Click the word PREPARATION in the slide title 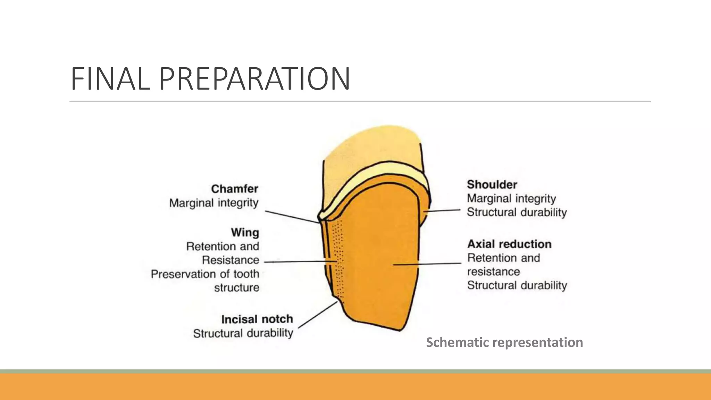[x=254, y=79]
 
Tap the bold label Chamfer [x=235, y=189]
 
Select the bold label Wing [x=245, y=232]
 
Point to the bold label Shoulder [x=492, y=184]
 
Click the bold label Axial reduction [x=509, y=244]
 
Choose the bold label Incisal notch [x=257, y=319]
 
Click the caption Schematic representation [x=504, y=342]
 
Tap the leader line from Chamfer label [x=292, y=217]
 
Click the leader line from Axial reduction [x=427, y=264]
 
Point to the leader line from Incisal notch [x=318, y=315]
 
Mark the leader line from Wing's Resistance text [x=300, y=261]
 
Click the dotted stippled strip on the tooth [x=338, y=260]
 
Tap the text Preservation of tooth [x=205, y=274]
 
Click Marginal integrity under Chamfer [x=214, y=203]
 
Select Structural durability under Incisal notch [x=243, y=333]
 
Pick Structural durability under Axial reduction [x=517, y=285]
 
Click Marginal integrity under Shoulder [x=511, y=199]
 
